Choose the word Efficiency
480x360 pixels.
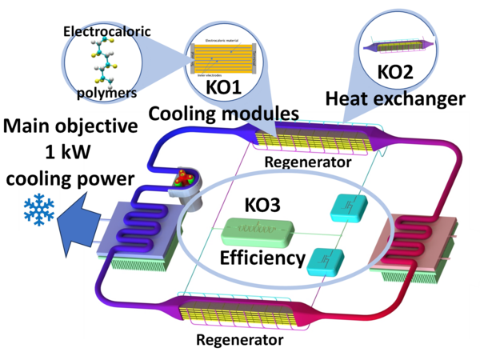point(263,258)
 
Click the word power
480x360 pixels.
point(104,178)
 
